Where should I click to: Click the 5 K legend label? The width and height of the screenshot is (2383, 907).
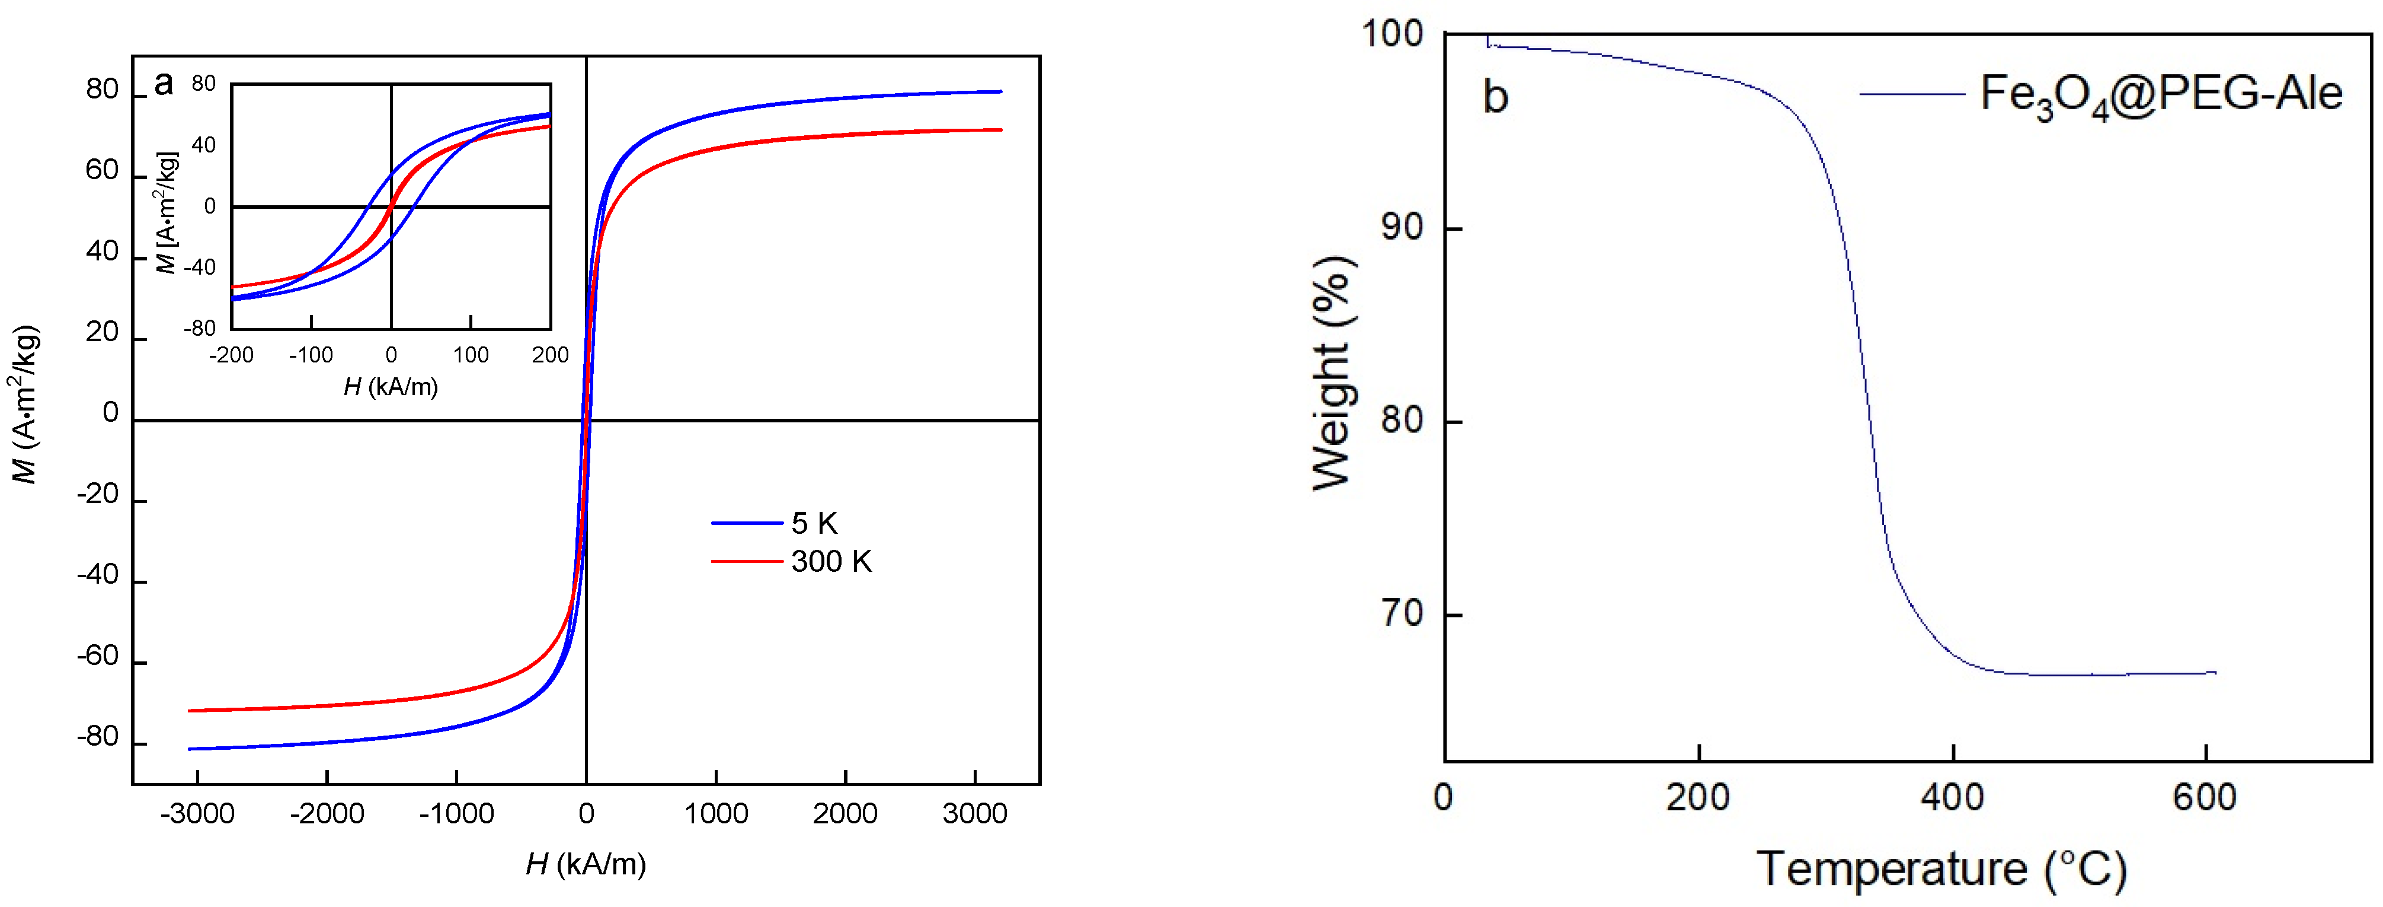[814, 524]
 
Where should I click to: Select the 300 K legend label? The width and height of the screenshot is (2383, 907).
[831, 562]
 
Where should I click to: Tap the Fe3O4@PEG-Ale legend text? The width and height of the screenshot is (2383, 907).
[2161, 94]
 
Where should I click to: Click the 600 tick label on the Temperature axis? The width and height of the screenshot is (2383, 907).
[2205, 797]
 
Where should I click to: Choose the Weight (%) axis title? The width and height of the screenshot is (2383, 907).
[1333, 373]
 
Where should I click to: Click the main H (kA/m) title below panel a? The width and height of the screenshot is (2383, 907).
[586, 864]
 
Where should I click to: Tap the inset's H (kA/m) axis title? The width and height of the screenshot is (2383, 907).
[391, 387]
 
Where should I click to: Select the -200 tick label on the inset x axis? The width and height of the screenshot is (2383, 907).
[231, 355]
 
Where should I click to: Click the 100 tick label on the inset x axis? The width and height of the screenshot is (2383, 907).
[471, 355]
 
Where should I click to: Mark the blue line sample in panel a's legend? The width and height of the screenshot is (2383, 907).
[747, 524]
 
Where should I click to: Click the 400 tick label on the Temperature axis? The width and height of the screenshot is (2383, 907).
[1952, 797]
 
